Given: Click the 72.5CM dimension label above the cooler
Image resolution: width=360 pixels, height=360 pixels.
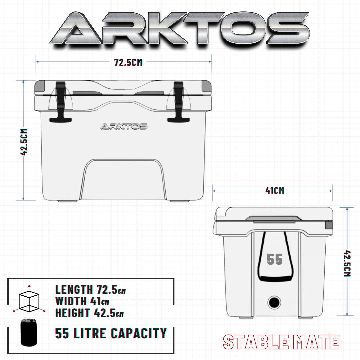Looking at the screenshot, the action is point(128,62).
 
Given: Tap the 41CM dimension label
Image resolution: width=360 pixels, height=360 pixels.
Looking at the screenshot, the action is point(275,191).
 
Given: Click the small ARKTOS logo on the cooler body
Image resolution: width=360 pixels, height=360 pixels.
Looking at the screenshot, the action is point(124,126).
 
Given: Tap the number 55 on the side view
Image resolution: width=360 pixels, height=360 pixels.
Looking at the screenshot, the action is point(275,259).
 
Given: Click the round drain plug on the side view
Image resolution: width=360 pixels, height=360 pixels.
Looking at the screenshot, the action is point(274,302).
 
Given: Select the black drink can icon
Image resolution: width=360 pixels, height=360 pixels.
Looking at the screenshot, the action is point(29,332).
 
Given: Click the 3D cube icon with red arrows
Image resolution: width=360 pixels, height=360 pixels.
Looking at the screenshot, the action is point(29,299).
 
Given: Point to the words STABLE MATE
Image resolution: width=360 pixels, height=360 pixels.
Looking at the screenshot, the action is point(281,342).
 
